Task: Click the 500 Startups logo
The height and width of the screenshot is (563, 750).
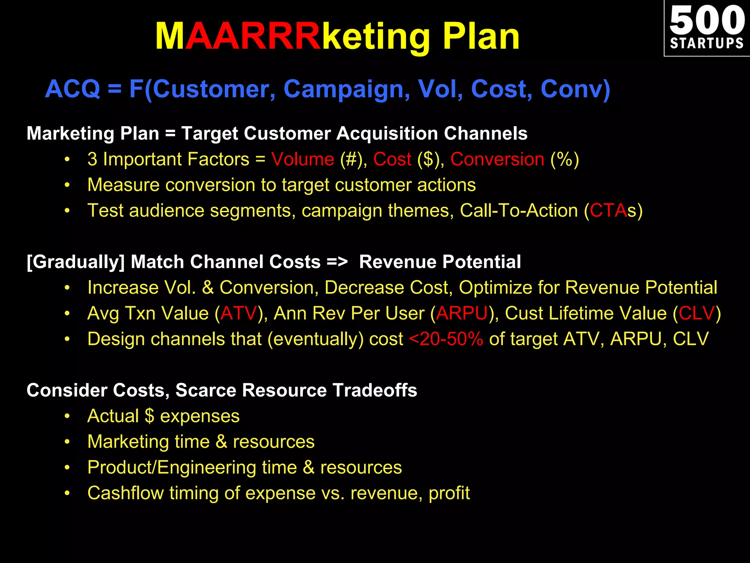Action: [707, 28]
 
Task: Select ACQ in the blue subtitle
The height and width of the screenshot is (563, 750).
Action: [73, 89]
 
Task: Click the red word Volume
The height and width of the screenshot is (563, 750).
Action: [303, 159]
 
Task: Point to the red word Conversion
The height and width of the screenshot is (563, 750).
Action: [497, 159]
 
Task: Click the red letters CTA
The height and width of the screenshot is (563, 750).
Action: [608, 211]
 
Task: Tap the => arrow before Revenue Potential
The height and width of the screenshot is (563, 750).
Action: [337, 262]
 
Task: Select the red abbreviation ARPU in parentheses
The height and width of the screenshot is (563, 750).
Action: [462, 313]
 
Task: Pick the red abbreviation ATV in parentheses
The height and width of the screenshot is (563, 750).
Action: [239, 313]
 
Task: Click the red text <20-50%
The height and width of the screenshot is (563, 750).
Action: [446, 339]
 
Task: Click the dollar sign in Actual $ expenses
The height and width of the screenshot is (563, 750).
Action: [149, 416]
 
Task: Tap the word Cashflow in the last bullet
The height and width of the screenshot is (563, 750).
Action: [126, 493]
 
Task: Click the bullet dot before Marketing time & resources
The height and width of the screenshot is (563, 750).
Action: [67, 442]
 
